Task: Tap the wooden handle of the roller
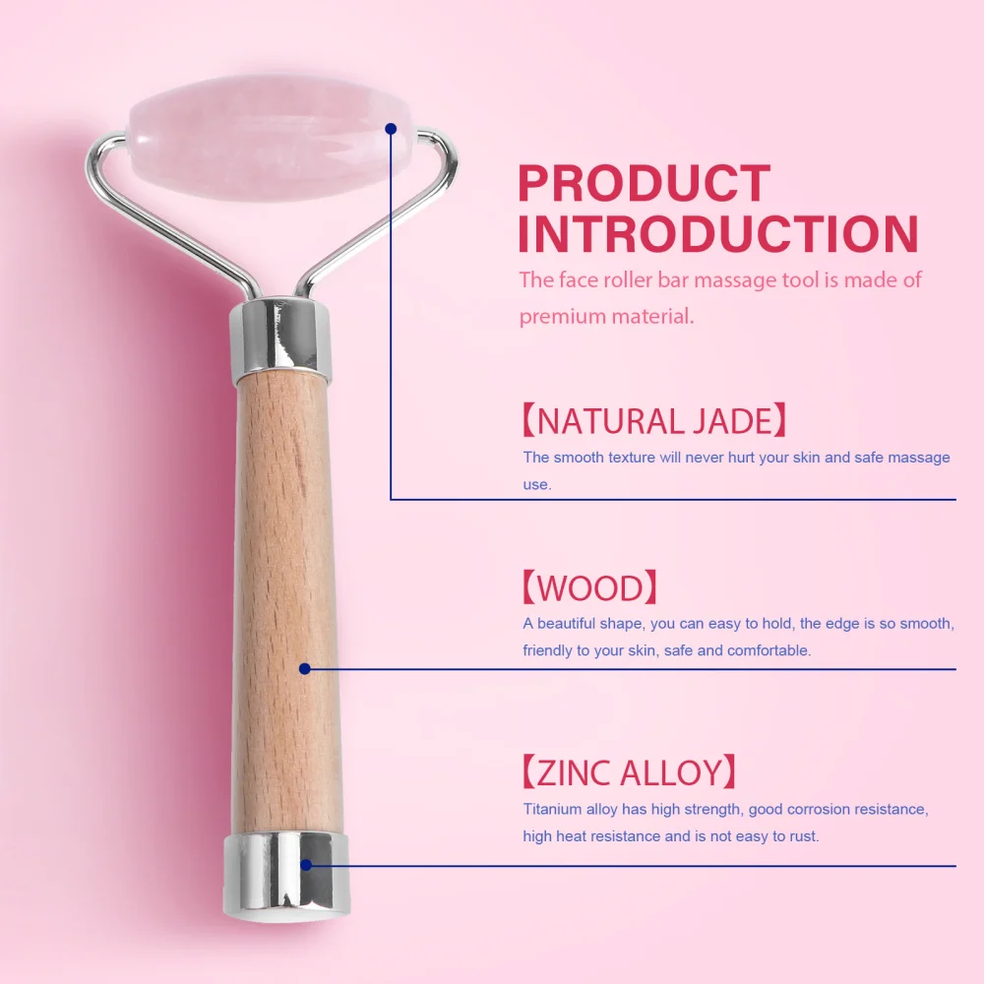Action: pyautogui.click(x=285, y=590)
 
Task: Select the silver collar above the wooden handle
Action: pyautogui.click(x=280, y=339)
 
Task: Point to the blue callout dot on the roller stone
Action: pyautogui.click(x=391, y=128)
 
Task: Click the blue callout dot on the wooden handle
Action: pyautogui.click(x=305, y=668)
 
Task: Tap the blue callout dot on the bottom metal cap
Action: pyautogui.click(x=306, y=865)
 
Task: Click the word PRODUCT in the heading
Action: pyautogui.click(x=644, y=184)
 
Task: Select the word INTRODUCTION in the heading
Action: pyautogui.click(x=718, y=234)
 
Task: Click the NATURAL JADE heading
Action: pyautogui.click(x=654, y=421)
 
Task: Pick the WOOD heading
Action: pyautogui.click(x=588, y=588)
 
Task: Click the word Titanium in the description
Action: pyautogui.click(x=553, y=810)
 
